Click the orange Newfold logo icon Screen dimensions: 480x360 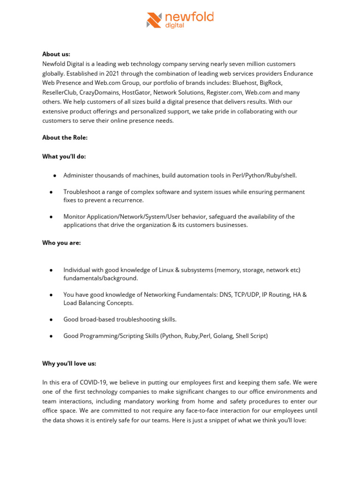pyautogui.click(x=154, y=20)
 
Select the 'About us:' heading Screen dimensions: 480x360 pyautogui.click(x=56, y=54)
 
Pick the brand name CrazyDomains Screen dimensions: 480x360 pyautogui.click(x=100, y=93)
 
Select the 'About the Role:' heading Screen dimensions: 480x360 pyautogui.click(x=65, y=137)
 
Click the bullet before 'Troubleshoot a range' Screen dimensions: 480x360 pyautogui.click(x=51, y=192)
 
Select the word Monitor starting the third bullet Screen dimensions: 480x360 pyautogui.click(x=75, y=217)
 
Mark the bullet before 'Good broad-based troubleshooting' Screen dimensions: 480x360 pyautogui.click(x=51, y=319)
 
